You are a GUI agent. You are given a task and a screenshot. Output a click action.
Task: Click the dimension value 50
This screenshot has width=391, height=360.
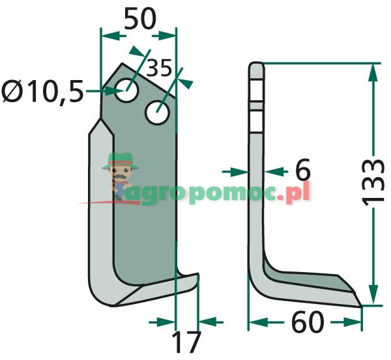pos(140,18)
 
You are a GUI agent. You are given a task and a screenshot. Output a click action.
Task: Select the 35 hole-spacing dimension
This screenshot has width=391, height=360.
pos(159,68)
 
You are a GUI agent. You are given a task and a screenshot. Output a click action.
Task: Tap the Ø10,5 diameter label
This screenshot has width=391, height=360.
pos(42,91)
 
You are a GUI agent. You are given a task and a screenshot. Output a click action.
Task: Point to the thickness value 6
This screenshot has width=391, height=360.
pos(302,169)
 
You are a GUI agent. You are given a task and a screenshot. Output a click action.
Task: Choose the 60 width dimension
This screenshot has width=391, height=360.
pos(308,322)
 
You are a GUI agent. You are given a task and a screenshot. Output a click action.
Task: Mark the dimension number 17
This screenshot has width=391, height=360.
pos(186,342)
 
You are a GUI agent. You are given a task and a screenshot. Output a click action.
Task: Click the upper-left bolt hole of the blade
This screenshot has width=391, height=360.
pos(127,90)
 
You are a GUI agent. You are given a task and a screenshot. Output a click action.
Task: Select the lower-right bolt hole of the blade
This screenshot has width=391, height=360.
pos(158,113)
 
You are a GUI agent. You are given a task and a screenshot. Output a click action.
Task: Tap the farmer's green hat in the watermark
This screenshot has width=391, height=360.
pos(121,161)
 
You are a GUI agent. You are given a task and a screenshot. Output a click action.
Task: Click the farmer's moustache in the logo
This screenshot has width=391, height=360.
pos(121,176)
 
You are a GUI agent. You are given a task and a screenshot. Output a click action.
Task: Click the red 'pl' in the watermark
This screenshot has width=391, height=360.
pos(298,192)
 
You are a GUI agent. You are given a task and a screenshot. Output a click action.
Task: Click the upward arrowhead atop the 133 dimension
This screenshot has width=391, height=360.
pos(373,72)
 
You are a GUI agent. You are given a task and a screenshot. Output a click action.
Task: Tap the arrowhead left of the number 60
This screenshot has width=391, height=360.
pos(259,322)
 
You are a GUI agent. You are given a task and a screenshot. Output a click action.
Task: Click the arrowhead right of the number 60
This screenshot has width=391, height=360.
pos(353,322)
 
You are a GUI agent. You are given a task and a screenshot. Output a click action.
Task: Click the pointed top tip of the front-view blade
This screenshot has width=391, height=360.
pos(122,63)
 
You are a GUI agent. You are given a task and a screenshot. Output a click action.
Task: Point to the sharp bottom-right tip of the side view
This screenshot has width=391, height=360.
pos(361,307)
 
